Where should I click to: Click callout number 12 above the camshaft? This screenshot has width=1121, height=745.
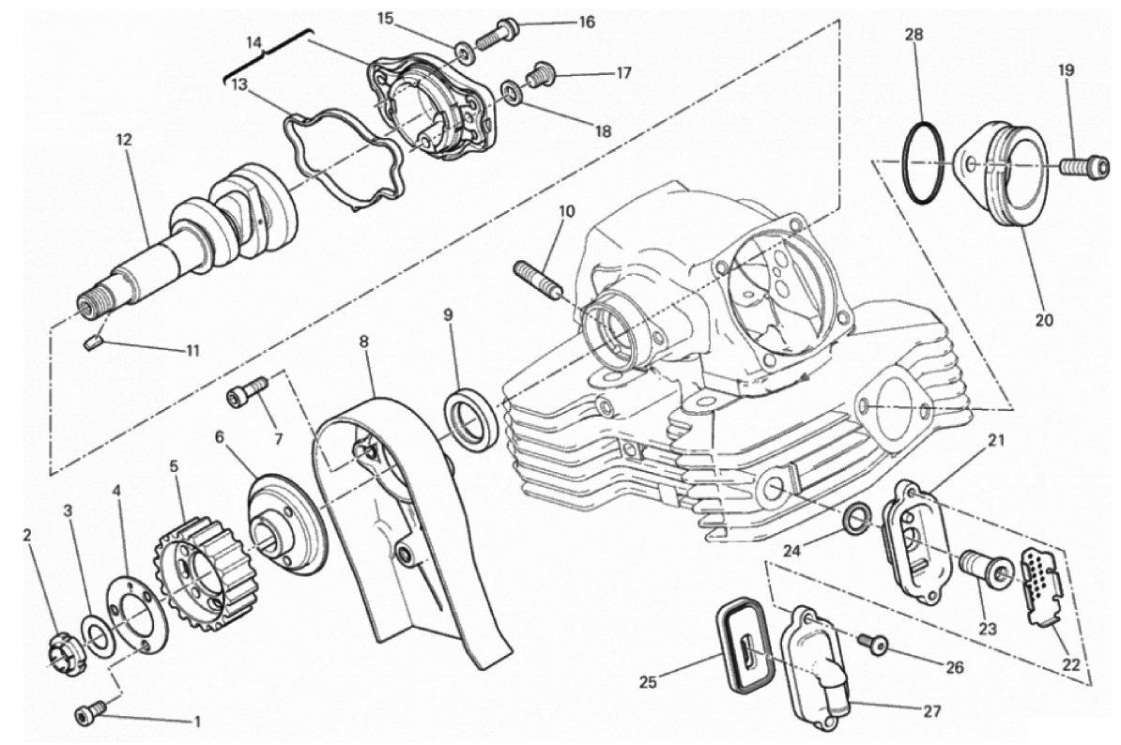pyautogui.click(x=124, y=140)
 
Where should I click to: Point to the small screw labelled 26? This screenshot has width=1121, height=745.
pyautogui.click(x=874, y=645)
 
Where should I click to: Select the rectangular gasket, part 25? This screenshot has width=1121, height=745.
pyautogui.click(x=745, y=651)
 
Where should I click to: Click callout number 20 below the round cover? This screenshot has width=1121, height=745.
pyautogui.click(x=1045, y=319)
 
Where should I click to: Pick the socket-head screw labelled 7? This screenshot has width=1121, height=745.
pyautogui.click(x=247, y=392)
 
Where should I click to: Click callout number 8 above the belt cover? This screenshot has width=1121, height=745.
pyautogui.click(x=364, y=342)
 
